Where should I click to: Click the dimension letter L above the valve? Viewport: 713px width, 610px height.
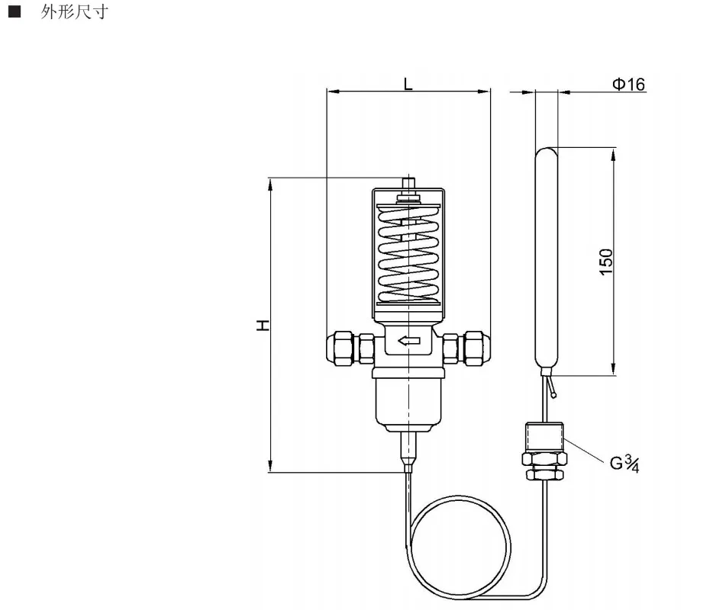click(408, 84)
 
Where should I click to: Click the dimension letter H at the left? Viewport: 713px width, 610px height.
click(263, 326)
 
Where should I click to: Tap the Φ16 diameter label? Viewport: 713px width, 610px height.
click(629, 84)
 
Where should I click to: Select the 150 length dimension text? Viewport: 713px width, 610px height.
click(606, 262)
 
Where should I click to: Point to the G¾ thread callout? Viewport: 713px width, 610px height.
click(624, 464)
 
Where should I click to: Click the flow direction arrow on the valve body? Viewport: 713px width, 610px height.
click(409, 341)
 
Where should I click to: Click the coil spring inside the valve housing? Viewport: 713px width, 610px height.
click(409, 255)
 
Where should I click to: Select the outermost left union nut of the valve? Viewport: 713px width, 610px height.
click(340, 348)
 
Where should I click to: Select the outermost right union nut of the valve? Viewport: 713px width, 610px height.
click(477, 348)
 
